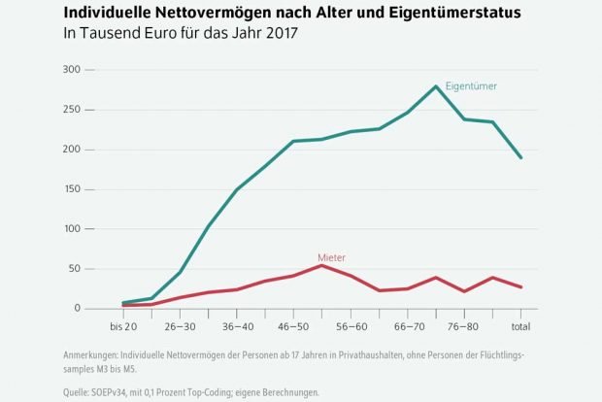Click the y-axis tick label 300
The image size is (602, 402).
(72, 70)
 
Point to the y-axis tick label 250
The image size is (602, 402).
(72, 110)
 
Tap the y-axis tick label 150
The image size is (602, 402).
(72, 189)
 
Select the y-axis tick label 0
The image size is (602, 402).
(79, 309)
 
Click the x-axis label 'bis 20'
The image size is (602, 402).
(122, 325)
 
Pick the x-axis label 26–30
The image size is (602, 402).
(180, 325)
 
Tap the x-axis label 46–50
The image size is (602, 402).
(293, 325)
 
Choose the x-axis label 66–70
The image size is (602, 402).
(408, 325)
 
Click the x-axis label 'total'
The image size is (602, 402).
(520, 325)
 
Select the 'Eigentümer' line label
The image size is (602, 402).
(471, 86)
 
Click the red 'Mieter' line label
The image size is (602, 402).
(331, 257)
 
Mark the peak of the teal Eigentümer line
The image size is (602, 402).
(436, 85)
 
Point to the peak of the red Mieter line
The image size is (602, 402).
(322, 265)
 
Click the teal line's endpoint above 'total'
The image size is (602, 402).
(521, 157)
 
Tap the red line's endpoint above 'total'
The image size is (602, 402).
(521, 287)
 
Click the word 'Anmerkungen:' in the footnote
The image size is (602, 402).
(95, 356)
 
